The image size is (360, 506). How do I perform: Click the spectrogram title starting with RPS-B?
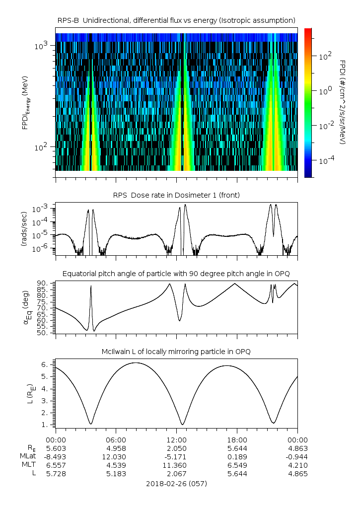pos(176,20)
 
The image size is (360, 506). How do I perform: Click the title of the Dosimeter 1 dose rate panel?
pos(176,195)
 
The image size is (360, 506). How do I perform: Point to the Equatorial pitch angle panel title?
pos(176,274)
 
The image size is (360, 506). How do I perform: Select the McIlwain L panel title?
pos(176,352)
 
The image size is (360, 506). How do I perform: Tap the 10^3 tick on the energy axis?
pos(41,46)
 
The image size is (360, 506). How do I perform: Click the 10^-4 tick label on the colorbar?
pos(326,161)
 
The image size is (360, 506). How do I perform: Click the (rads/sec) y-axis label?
pos(24,229)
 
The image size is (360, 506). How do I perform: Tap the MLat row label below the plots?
pos(28,456)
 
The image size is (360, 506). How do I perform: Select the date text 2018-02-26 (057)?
pos(176,484)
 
